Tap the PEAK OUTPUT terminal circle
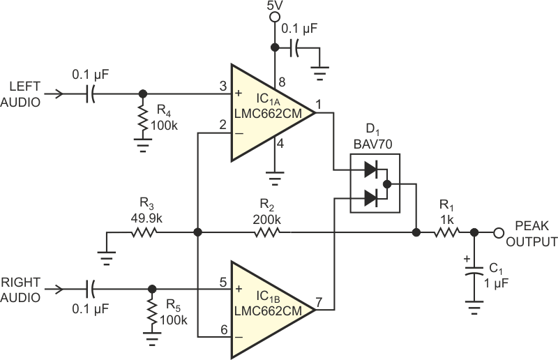[499, 233]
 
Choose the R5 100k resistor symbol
[151, 315]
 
